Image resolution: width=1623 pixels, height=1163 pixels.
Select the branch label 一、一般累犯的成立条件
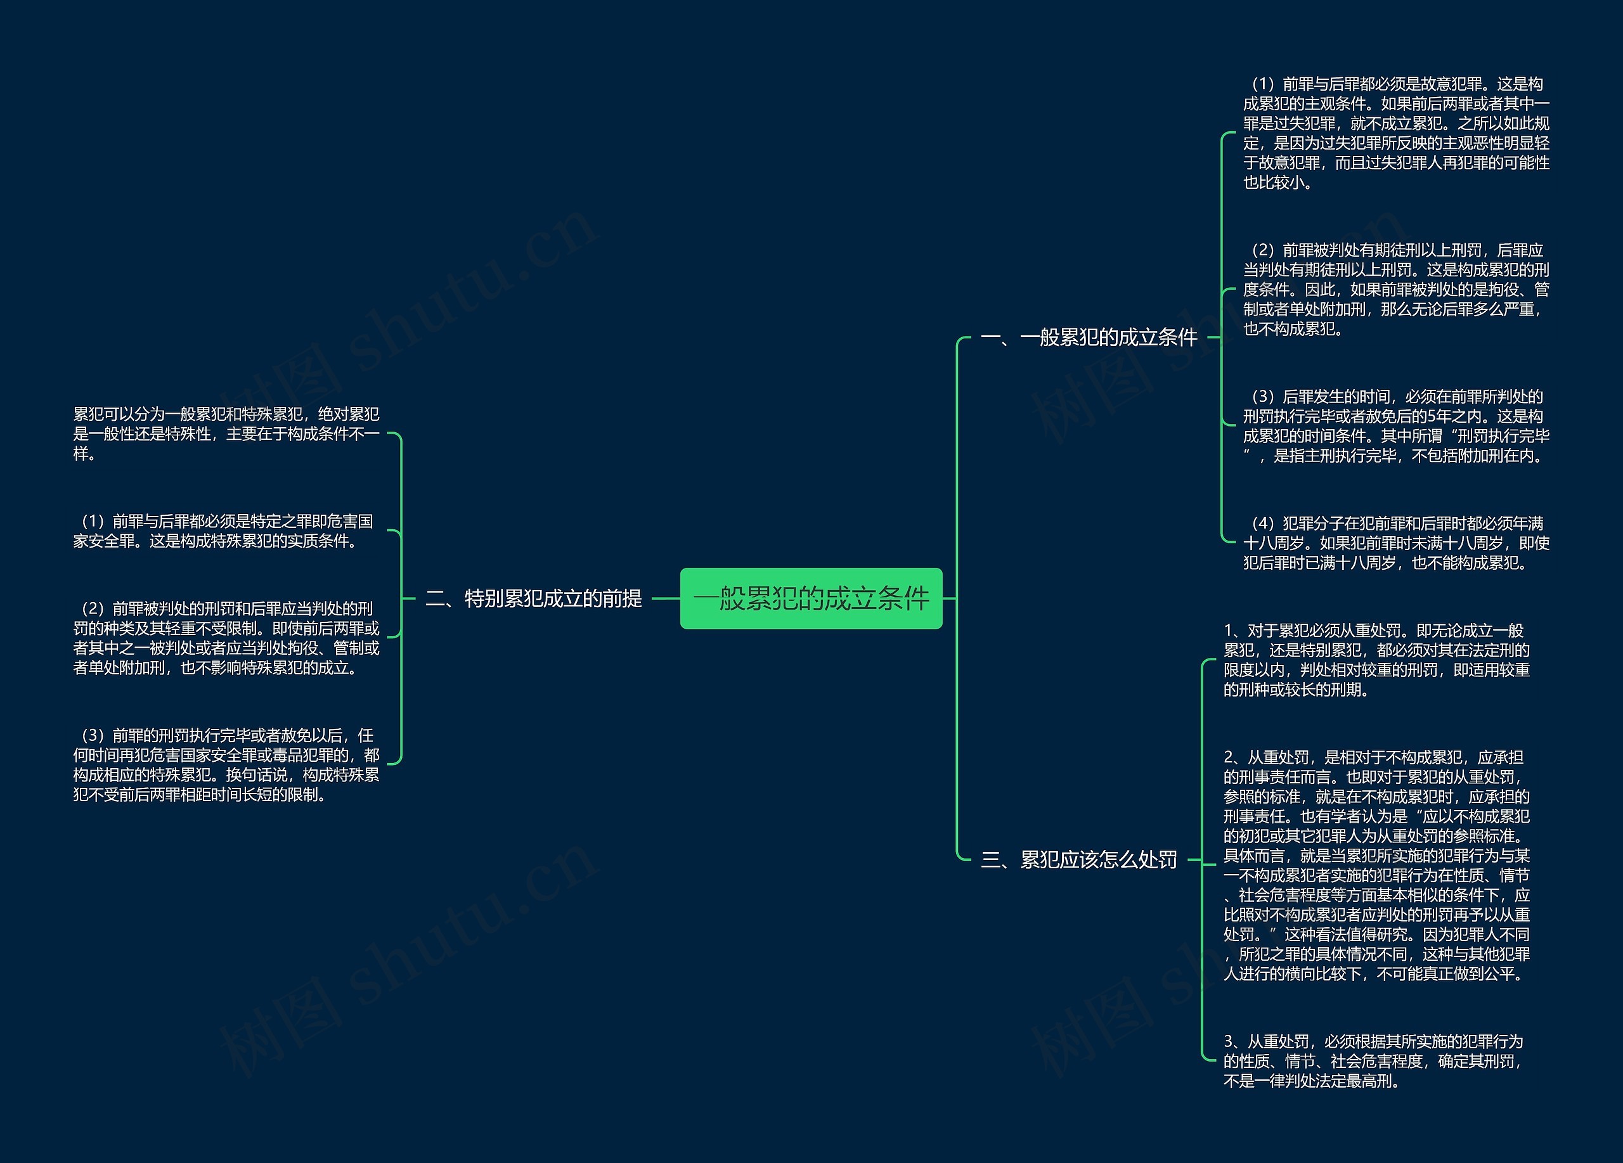tap(1089, 337)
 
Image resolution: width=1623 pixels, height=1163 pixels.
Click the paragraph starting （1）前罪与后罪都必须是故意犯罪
tap(1395, 133)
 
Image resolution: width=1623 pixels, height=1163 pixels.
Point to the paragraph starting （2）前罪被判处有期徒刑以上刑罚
tap(1395, 289)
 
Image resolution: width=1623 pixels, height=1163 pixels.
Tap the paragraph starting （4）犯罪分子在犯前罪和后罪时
tap(1395, 543)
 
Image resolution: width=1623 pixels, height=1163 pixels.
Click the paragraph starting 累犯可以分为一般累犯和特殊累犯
tap(226, 434)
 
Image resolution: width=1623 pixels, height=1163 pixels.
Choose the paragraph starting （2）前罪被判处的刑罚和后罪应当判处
tap(226, 638)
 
